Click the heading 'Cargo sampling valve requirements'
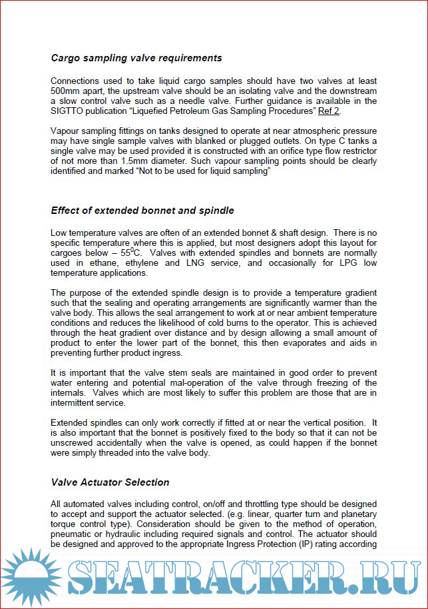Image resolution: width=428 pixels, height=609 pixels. pyautogui.click(x=136, y=58)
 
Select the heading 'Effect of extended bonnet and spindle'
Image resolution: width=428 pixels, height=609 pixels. pyautogui.click(x=142, y=211)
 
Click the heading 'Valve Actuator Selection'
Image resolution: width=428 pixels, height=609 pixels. pyautogui.click(x=110, y=482)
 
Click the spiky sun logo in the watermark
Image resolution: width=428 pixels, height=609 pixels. pyautogui.click(x=29, y=577)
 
